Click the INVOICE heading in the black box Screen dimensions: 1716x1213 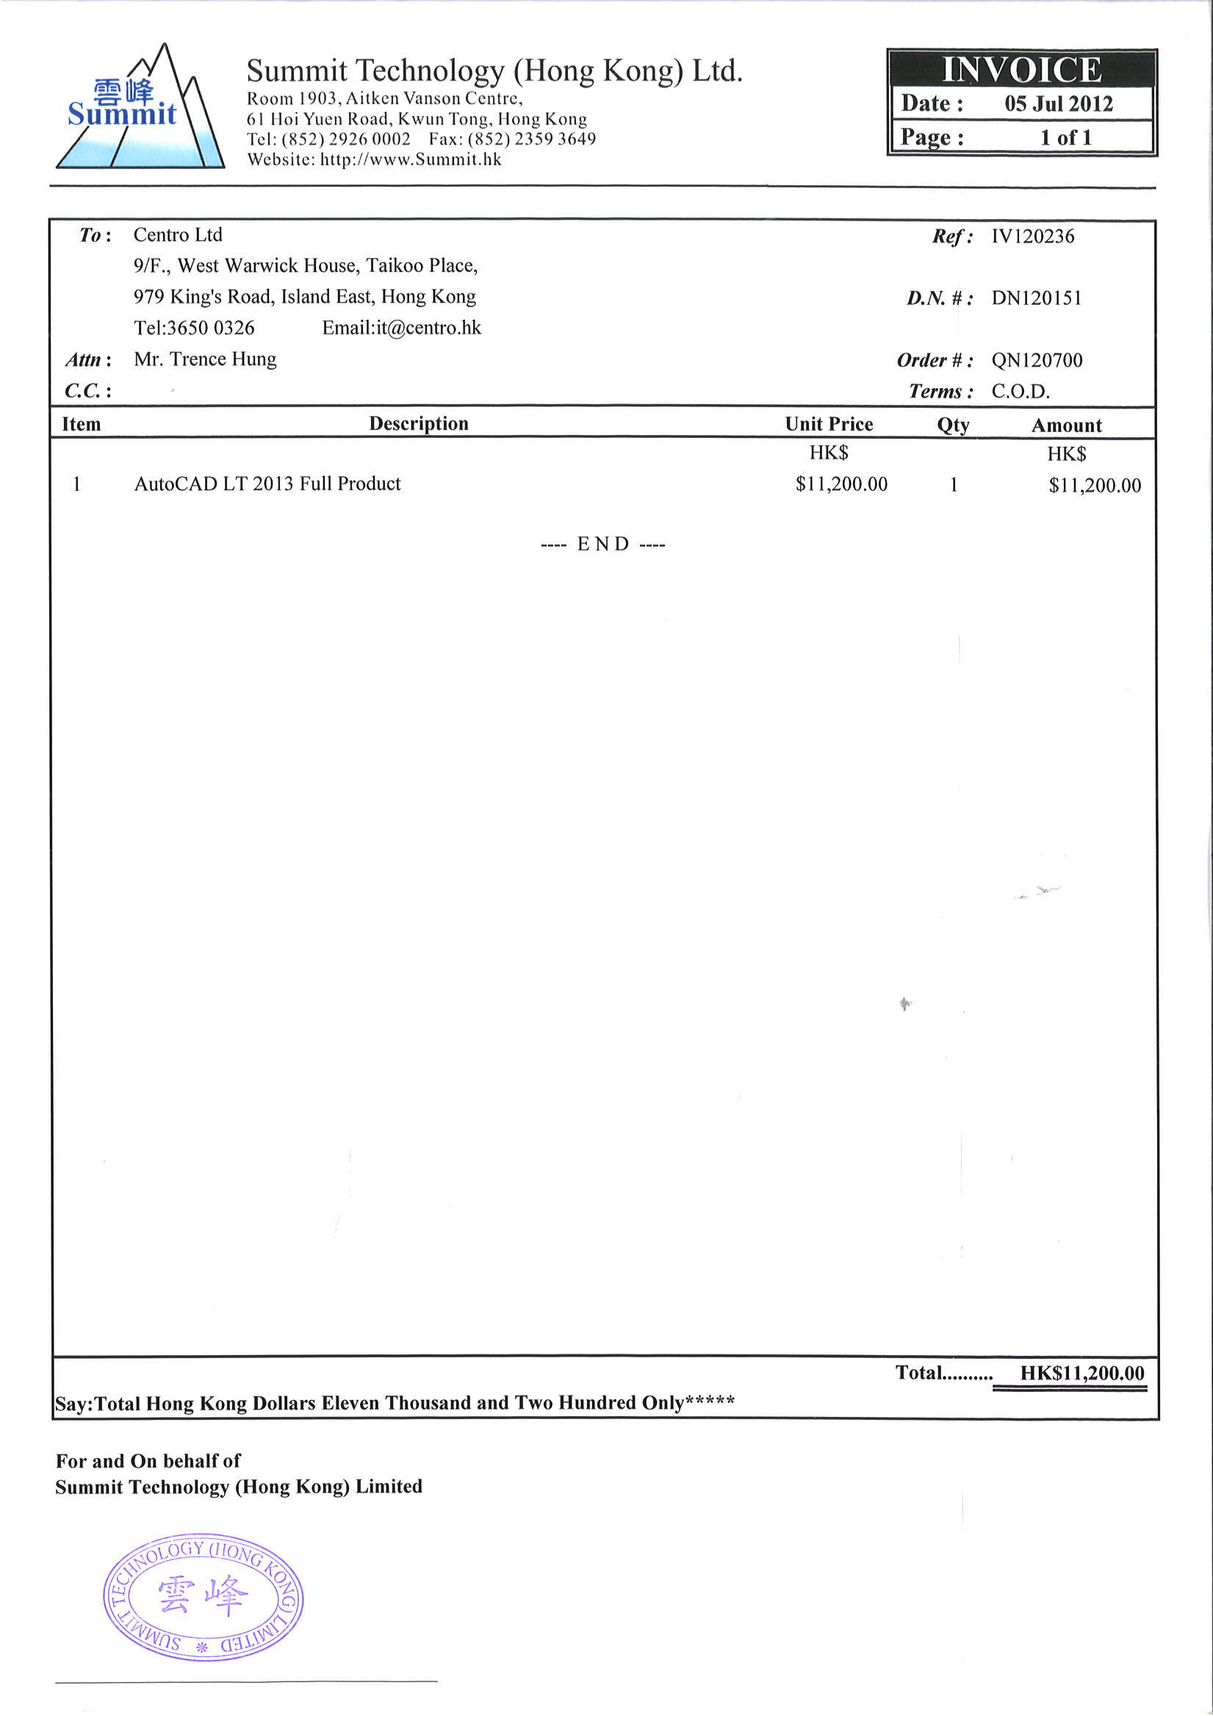tap(1021, 70)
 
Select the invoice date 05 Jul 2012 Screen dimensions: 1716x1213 tap(1058, 103)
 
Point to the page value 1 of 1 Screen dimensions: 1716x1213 tap(1066, 137)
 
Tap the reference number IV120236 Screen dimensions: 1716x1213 tap(1032, 237)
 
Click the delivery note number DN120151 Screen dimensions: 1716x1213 tap(1036, 298)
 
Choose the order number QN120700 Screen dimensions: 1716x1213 tap(1037, 360)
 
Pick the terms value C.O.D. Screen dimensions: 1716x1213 tap(1021, 392)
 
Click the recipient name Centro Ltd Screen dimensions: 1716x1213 tap(178, 235)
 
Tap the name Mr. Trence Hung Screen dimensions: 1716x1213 tap(205, 359)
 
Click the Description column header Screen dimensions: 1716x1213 tap(419, 424)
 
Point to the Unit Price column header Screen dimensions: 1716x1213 tap(829, 425)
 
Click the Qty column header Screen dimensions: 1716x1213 tap(953, 426)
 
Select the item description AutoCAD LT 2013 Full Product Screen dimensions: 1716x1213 tap(267, 484)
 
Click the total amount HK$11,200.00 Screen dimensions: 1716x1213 tap(1082, 1373)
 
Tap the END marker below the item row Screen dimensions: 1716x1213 tap(603, 544)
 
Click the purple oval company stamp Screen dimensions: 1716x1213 tap(203, 1597)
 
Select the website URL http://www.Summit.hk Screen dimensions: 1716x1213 tap(411, 159)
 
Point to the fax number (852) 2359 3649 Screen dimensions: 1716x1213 tap(531, 139)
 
